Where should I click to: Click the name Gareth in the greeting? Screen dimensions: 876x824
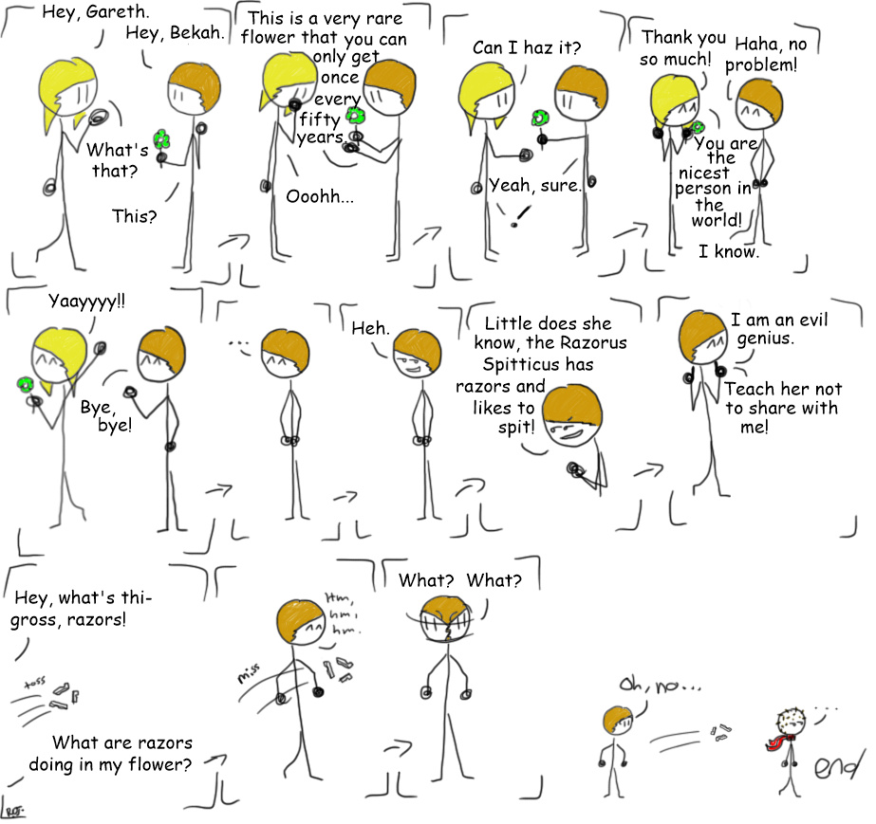tap(118, 11)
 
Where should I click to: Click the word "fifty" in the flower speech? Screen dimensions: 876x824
tap(320, 119)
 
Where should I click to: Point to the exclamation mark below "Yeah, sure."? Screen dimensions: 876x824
tap(520, 216)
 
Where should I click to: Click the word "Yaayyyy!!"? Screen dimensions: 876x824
tap(86, 302)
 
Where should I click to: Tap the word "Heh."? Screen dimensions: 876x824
tap(370, 328)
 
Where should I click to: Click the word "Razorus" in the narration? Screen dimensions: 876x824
tap(593, 342)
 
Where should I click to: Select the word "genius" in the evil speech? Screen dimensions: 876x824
tap(765, 339)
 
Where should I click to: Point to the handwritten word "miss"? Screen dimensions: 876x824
tap(248, 672)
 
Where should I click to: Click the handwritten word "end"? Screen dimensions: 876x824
tap(835, 766)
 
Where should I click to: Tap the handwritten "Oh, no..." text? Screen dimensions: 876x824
tap(660, 685)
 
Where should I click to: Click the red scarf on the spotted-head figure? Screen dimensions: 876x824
tap(779, 742)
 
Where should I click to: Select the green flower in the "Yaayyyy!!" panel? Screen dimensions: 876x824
tap(25, 384)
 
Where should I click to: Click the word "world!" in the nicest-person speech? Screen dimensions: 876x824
tap(717, 220)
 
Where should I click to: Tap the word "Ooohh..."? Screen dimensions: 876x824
tap(320, 196)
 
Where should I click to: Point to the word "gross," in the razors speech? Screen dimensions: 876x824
tap(32, 620)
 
